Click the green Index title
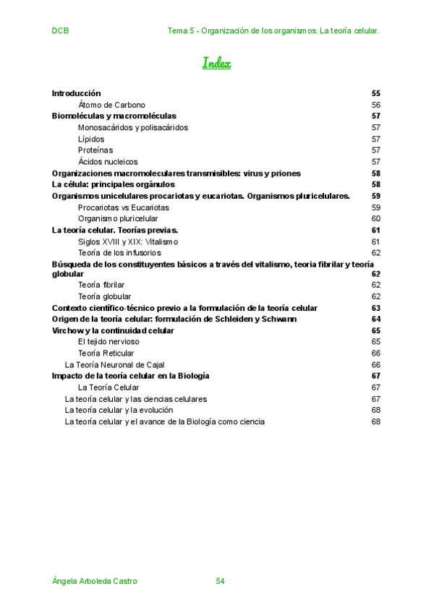click(216, 64)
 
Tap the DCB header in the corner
click(60, 31)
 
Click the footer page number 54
click(221, 580)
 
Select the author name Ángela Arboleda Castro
click(95, 580)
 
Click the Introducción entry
click(76, 93)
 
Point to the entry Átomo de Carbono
click(111, 105)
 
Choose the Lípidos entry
click(91, 139)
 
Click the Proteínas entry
click(95, 150)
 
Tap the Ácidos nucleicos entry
click(108, 162)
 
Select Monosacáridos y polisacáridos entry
click(132, 127)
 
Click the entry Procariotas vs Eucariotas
click(123, 207)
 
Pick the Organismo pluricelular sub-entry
click(118, 218)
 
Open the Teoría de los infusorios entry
click(119, 253)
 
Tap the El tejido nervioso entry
click(109, 341)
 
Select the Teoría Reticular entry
click(106, 353)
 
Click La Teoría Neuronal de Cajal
click(114, 364)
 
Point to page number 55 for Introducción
click(375, 93)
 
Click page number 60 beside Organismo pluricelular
click(375, 218)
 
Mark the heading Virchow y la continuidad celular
click(113, 330)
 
